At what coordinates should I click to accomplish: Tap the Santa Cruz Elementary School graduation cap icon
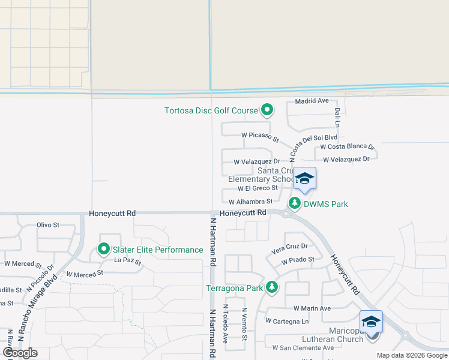(304, 178)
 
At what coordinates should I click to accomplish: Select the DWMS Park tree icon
(295, 203)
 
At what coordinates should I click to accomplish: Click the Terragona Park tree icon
(272, 288)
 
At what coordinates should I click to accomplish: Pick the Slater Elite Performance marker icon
(104, 249)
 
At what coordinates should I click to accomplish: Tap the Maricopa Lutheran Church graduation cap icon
(372, 322)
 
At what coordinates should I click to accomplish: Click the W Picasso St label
(261, 137)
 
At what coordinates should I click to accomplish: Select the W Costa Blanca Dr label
(347, 146)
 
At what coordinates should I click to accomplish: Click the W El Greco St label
(258, 188)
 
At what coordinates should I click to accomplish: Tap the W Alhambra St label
(250, 202)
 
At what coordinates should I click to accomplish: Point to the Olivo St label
(48, 225)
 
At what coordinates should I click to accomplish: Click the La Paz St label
(127, 262)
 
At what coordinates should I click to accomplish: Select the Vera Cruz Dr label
(289, 246)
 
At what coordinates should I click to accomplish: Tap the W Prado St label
(298, 259)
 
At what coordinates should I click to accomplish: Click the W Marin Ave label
(312, 308)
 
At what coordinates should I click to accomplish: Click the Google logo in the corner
(20, 353)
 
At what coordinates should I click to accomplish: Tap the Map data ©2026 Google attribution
(411, 355)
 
